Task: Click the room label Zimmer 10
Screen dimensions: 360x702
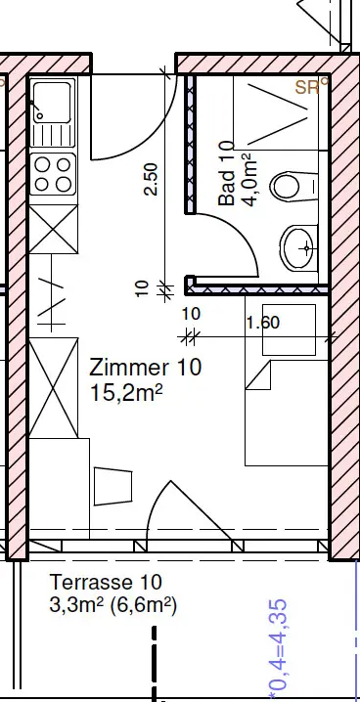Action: tap(146, 368)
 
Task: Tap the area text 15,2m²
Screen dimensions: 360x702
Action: tap(126, 393)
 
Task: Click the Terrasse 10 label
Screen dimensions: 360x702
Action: tap(106, 583)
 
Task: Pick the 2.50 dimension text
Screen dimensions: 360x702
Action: tap(151, 179)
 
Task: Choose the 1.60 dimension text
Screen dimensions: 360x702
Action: tap(263, 323)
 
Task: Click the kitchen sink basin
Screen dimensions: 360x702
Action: tap(53, 103)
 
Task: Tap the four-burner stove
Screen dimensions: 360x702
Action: tap(53, 174)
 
